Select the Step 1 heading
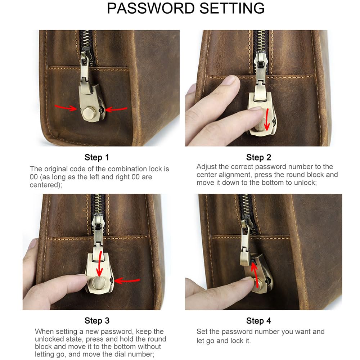pos(96,157)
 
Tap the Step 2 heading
pos(258,157)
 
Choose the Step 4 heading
pos(258,320)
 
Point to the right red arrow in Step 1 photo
pos(116,108)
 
